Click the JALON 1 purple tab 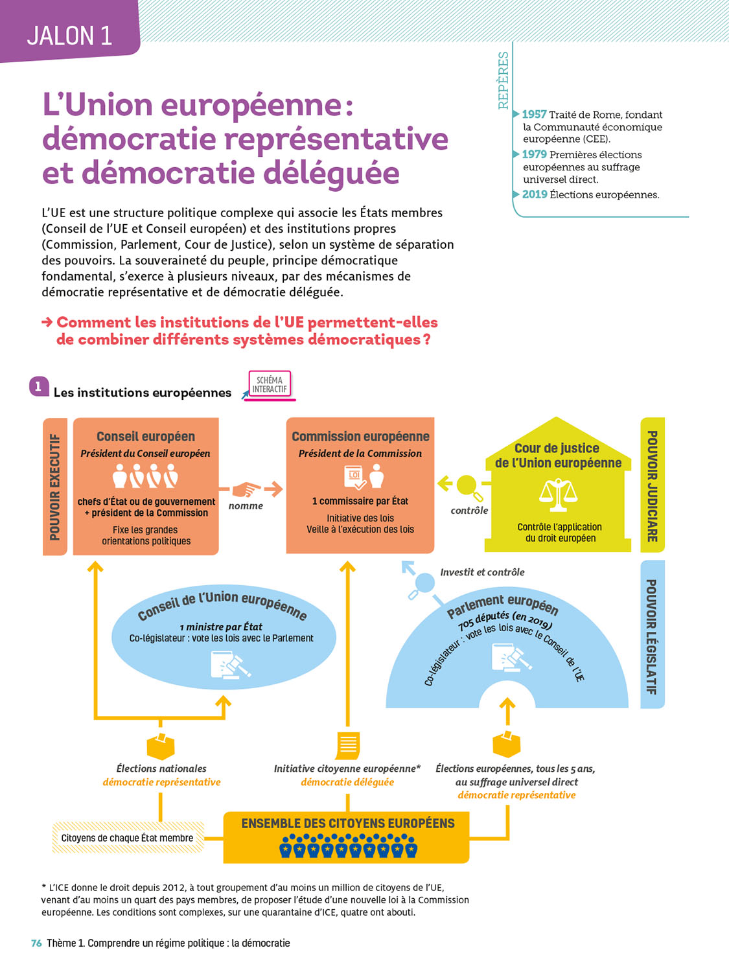click(69, 35)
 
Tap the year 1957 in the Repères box click(534, 115)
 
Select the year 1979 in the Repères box click(534, 154)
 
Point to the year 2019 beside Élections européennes click(535, 194)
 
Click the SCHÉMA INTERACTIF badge click(270, 385)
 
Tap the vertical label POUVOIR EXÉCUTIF click(55, 487)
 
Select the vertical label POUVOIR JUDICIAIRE click(652, 486)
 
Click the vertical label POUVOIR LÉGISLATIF click(652, 636)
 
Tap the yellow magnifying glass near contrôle click(468, 487)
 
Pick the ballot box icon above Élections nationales click(161, 746)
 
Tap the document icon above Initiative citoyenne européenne click(348, 745)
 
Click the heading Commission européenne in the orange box click(360, 437)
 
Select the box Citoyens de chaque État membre click(128, 838)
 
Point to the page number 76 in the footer click(36, 943)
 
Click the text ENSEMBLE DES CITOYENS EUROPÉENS click(348, 824)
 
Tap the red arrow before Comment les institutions click(47, 322)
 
